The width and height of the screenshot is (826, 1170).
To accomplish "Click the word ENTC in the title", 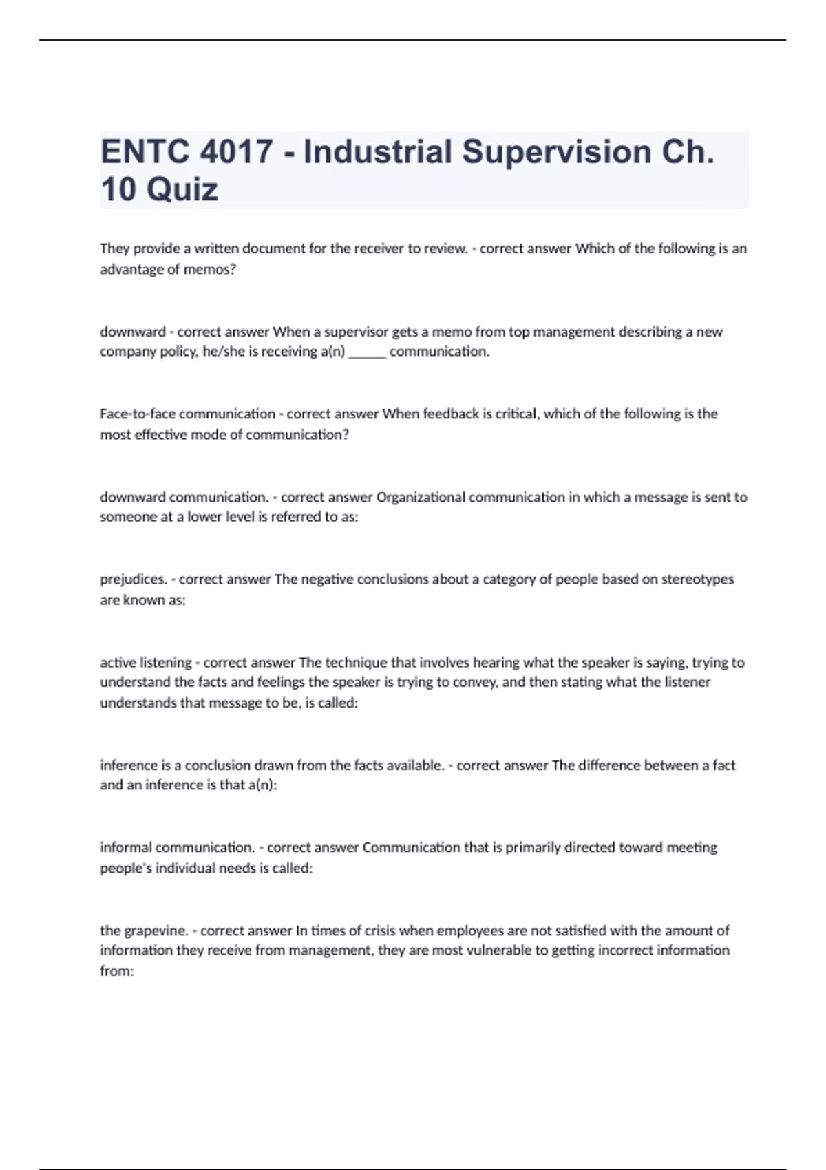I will coord(144,152).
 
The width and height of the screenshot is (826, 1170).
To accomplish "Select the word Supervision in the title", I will coord(556,152).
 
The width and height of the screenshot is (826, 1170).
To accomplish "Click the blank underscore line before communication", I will coord(367,352).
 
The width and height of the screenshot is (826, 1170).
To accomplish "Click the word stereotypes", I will coord(697,579).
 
